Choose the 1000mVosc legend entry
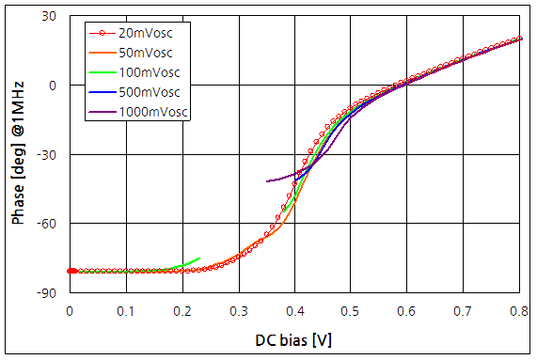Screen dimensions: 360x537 (151, 112)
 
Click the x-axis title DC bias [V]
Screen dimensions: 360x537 (293, 339)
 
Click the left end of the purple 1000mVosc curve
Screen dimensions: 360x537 (267, 181)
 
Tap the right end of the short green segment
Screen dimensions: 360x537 (200, 258)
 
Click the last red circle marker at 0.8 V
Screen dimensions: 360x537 (519, 39)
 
